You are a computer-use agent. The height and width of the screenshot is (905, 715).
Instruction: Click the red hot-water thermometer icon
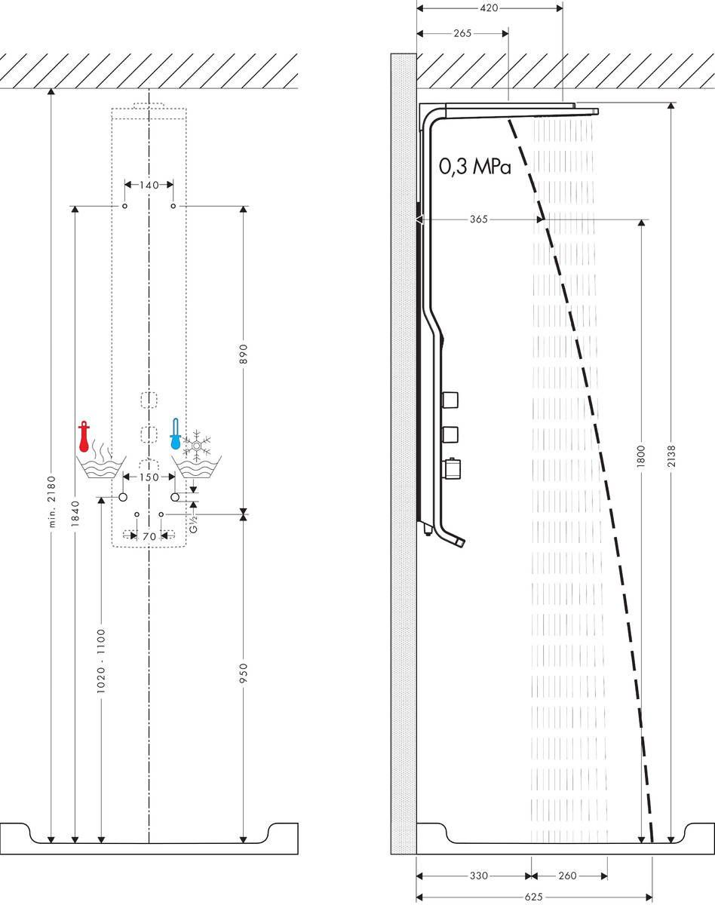coord(84,437)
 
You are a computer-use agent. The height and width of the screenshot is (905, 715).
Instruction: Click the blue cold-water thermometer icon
coord(176,435)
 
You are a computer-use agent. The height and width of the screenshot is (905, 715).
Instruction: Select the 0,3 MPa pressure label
coord(475,167)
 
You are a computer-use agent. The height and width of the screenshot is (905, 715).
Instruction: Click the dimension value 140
coord(149,185)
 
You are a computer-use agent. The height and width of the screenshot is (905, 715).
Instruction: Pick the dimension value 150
coord(149,477)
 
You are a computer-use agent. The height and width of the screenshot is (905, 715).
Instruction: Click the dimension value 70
coord(149,536)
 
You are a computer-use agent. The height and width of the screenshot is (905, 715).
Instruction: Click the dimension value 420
coord(489,8)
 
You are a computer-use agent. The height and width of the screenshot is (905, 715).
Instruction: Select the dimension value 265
coord(462,34)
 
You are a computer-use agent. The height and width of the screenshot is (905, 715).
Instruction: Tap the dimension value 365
coord(478,219)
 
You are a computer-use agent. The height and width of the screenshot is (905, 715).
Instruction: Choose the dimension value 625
coord(534,897)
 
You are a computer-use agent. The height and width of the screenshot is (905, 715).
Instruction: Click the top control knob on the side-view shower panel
coord(450,398)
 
